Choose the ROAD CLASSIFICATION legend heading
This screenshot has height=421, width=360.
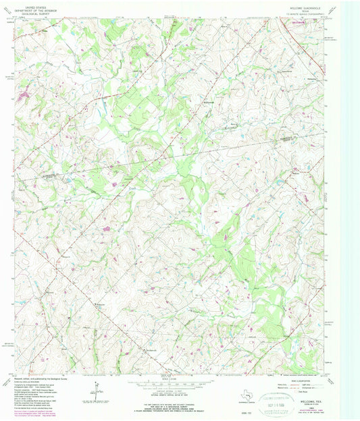coord(297,379)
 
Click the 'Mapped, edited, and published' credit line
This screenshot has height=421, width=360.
coord(41,378)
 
